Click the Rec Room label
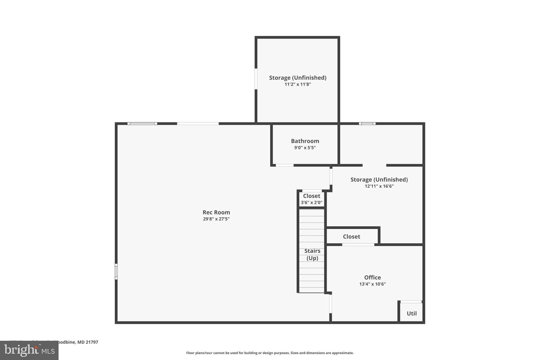coord(216,212)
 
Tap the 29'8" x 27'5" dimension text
coord(216,219)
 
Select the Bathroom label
coord(305,141)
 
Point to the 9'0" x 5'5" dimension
coord(305,148)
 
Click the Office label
coord(372,277)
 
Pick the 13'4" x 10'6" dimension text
coord(372,284)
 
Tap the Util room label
coord(412,314)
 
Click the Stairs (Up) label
coord(312,255)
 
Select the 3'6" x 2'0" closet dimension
coord(312,203)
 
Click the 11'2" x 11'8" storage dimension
coord(298,84)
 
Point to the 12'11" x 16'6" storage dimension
coord(379,186)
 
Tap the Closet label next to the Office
coord(351,237)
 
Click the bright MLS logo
coord(29,350)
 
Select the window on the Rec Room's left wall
coord(116,271)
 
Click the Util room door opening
coord(411,302)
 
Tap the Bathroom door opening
coord(285,165)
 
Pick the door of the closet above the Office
coord(358,245)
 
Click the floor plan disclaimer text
coord(270,353)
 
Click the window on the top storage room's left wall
coord(256,79)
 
